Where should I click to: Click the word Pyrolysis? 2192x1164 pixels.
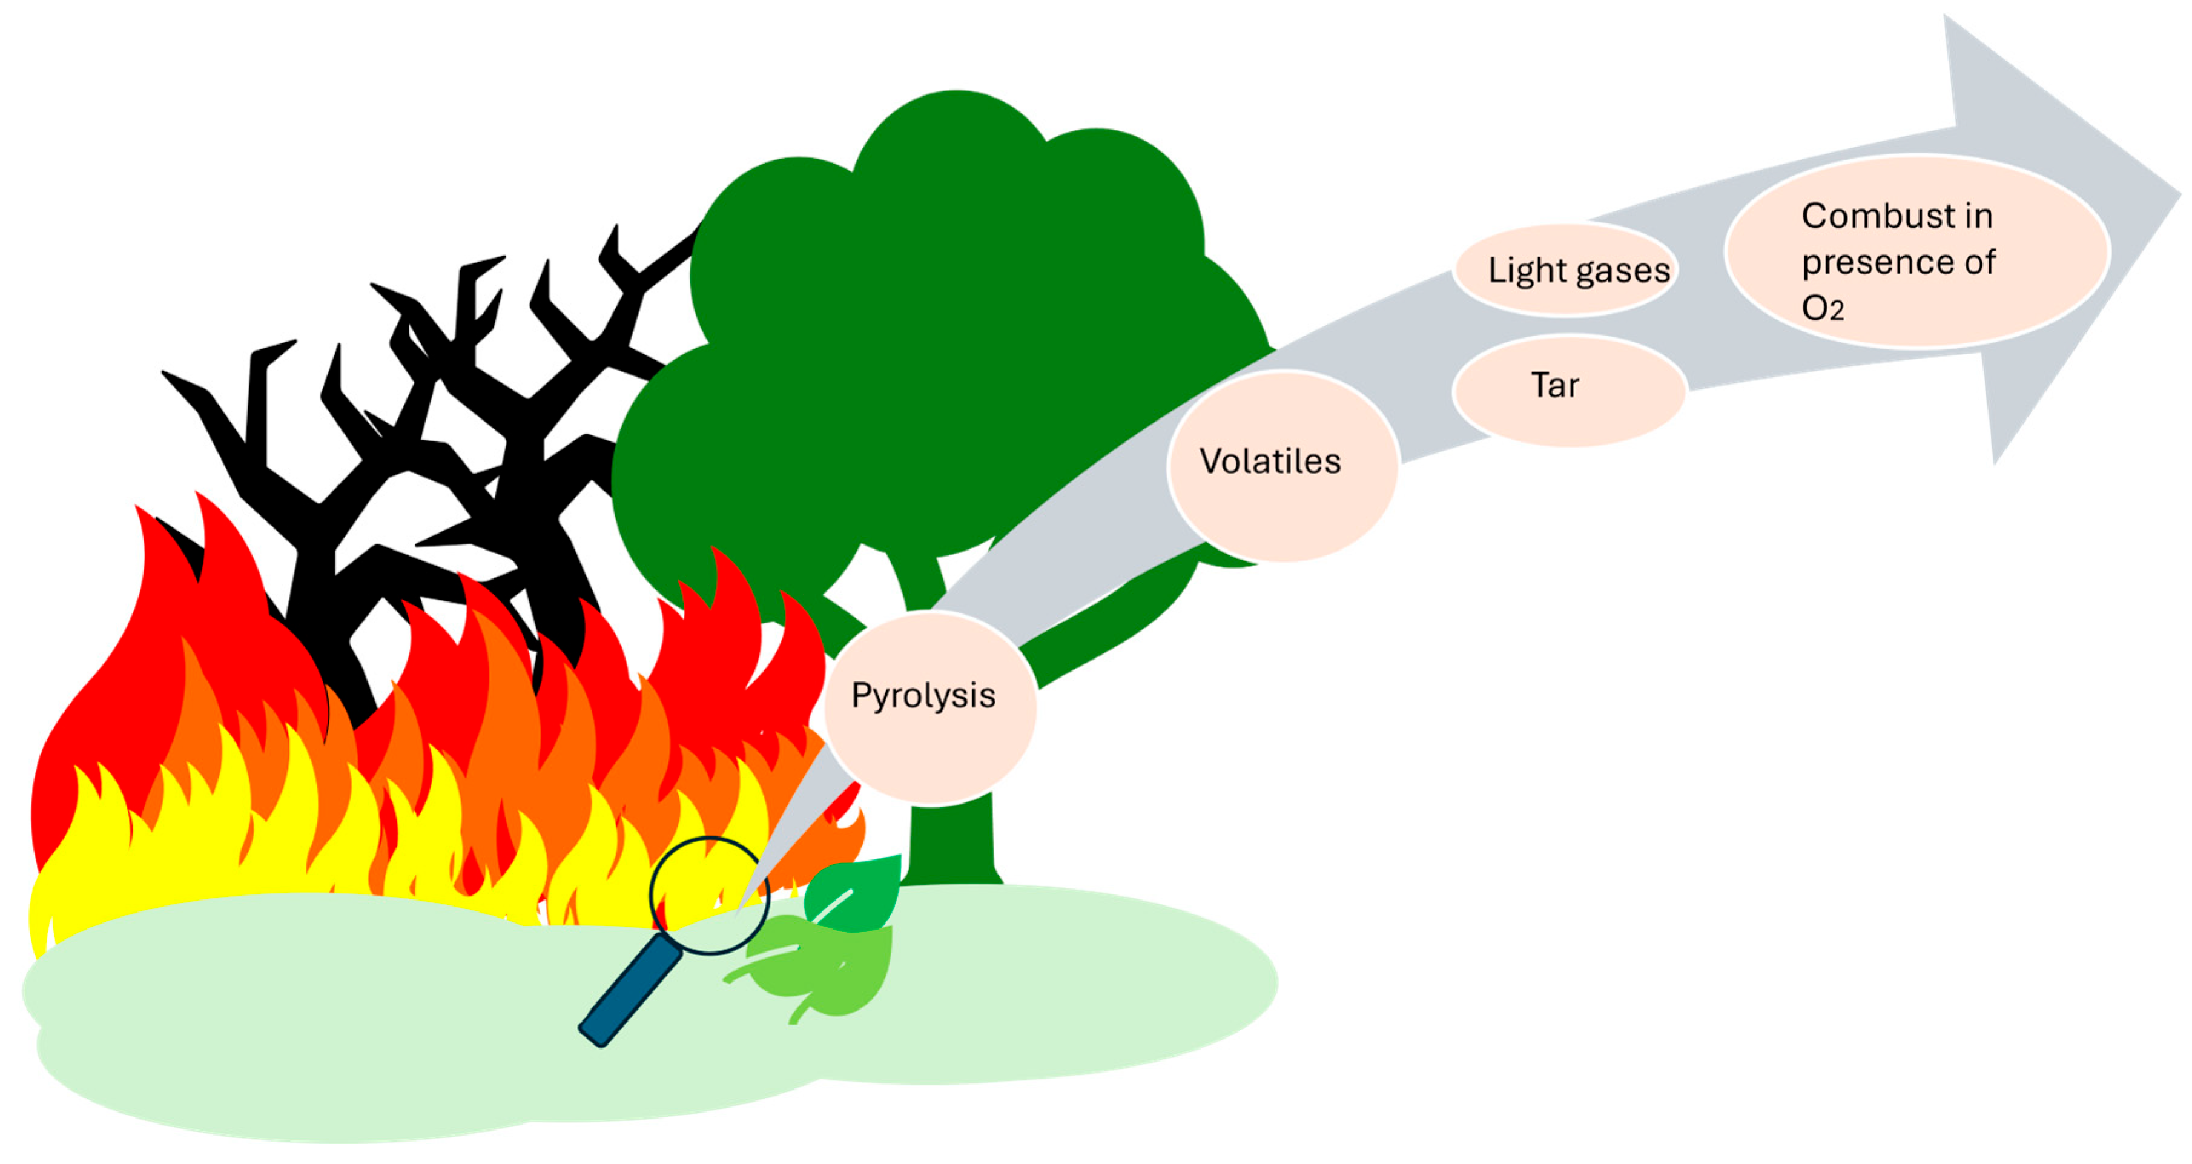point(923,696)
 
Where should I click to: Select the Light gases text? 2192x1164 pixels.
point(1579,271)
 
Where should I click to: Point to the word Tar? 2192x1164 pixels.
point(1554,385)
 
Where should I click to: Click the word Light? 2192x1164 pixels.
point(1527,271)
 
